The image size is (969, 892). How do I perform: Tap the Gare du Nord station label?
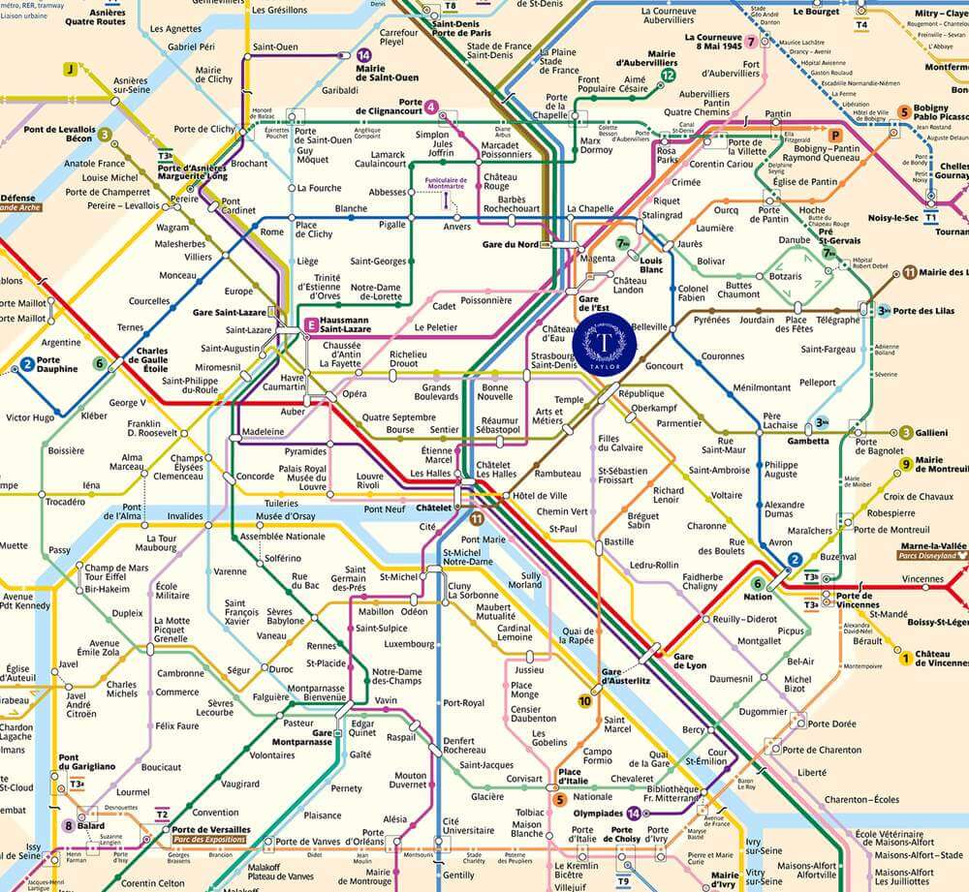[x=510, y=244]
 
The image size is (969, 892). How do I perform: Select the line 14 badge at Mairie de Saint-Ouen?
[x=363, y=56]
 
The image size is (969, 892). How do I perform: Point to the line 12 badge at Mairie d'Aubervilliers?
[x=668, y=76]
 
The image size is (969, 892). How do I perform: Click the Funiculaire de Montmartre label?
[x=445, y=184]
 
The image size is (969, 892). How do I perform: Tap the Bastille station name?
[x=618, y=542]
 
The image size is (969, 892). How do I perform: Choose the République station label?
[x=641, y=394]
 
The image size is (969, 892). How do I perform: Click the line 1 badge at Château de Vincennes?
[x=906, y=659]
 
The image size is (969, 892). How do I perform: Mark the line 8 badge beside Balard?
[x=68, y=825]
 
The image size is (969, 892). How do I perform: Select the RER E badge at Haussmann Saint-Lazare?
[x=311, y=324]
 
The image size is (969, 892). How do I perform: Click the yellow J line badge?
[x=70, y=69]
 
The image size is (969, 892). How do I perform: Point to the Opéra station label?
[x=354, y=394]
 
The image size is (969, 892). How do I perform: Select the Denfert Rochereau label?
[x=464, y=746]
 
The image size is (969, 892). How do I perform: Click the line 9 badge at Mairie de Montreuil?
[x=906, y=465]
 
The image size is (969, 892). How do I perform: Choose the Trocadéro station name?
[x=66, y=502]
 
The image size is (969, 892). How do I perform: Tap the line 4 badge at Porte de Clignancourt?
[x=430, y=107]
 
